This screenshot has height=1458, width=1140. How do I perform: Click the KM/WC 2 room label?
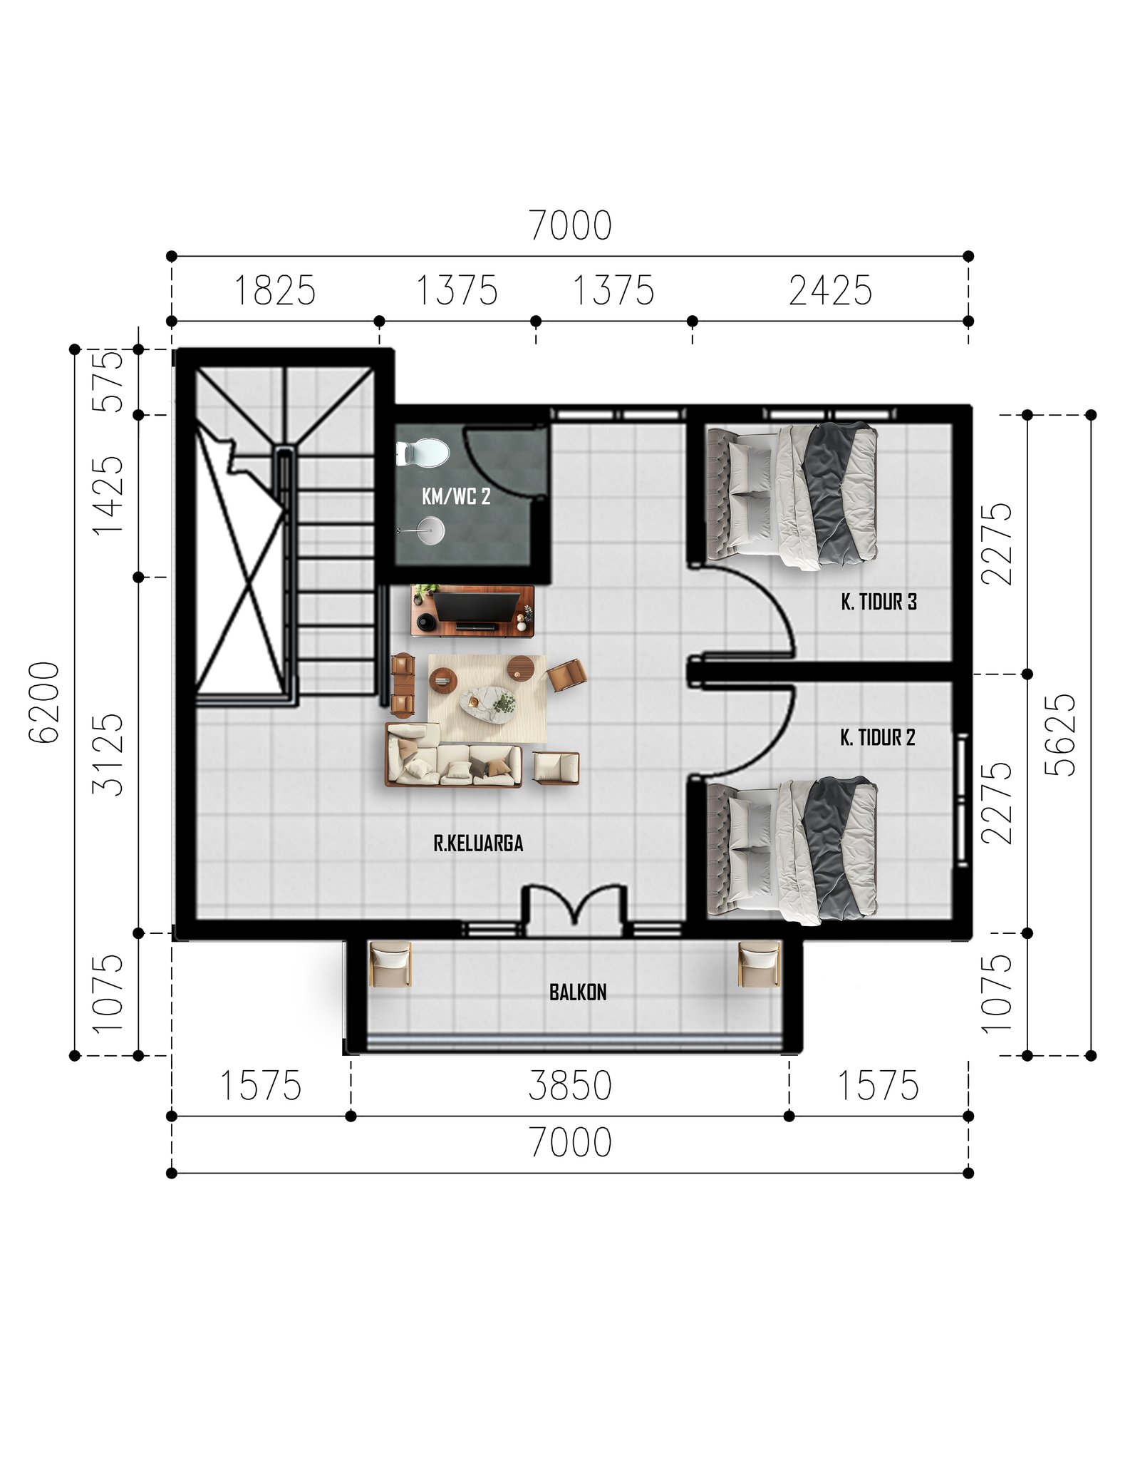coord(456,496)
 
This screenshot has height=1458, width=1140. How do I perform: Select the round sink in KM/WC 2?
coord(430,530)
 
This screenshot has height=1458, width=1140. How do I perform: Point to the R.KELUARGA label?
coord(478,843)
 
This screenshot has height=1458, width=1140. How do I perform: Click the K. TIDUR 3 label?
coord(879,602)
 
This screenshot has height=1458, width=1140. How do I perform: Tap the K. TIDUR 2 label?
coord(877,737)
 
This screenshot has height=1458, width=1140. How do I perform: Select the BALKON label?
coord(578,992)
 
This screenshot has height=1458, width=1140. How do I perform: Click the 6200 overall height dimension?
coord(44,702)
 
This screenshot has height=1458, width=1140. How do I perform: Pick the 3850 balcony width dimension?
coord(570,1086)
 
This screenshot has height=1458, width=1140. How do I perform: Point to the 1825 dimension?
coord(274,291)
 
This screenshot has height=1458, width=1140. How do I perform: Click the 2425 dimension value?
coord(830,291)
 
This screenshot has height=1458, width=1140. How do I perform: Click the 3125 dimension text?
coord(108,754)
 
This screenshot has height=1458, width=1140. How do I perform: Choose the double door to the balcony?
coord(574,910)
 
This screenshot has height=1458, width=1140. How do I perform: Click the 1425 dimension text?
coord(108,496)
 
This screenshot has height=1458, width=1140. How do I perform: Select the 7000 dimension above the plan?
coord(570,225)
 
